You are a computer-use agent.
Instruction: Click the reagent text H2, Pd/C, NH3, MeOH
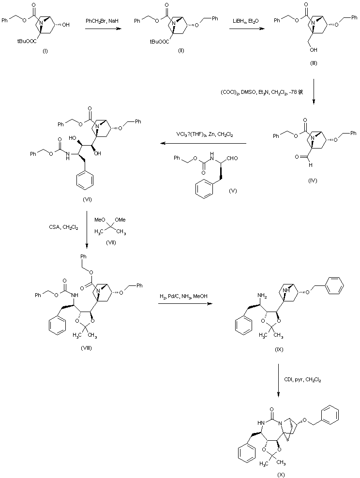[181, 296]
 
